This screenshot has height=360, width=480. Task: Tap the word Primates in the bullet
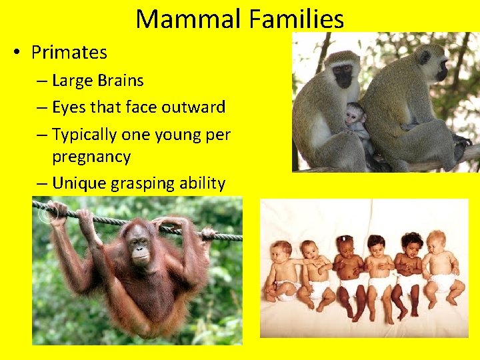click(x=69, y=52)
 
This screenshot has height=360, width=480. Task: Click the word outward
click(x=195, y=107)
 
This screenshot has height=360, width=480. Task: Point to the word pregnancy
click(x=91, y=157)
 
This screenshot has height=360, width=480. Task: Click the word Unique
click(x=75, y=183)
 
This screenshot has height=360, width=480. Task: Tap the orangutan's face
click(x=139, y=245)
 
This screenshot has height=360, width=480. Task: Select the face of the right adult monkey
click(x=441, y=67)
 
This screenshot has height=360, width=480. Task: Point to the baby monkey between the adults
click(x=357, y=119)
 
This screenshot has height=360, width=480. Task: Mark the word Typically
click(x=84, y=134)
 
